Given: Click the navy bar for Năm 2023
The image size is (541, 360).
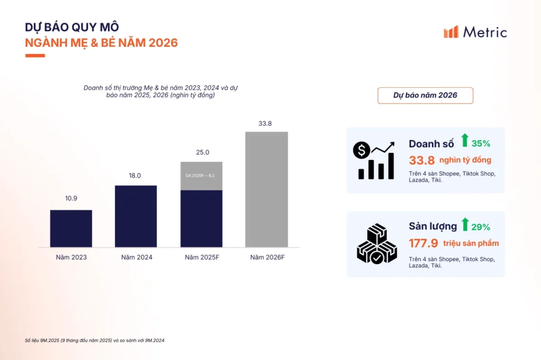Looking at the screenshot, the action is [x=71, y=228].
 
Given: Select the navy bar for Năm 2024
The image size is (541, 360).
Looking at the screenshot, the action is [x=136, y=216].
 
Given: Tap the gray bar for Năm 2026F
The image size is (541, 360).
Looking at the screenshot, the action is [x=266, y=189].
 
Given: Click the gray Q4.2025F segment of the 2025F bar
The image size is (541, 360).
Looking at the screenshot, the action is [x=202, y=176].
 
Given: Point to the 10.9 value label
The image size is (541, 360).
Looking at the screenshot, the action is [x=71, y=198].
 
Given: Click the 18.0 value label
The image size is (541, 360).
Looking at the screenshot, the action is [x=135, y=176].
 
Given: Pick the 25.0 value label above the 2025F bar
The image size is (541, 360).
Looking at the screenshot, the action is [x=202, y=152].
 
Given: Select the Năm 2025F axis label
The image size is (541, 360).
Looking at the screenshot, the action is [x=202, y=257].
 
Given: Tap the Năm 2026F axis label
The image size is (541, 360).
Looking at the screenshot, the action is [x=267, y=257].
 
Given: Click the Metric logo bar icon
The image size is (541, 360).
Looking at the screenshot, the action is [x=451, y=32].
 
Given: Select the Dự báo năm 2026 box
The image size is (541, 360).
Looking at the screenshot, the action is [x=425, y=96].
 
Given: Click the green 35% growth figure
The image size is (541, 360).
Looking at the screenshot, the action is [x=481, y=144].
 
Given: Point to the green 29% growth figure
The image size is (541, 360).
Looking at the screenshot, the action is [x=481, y=227].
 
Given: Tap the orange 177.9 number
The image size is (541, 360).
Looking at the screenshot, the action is [x=423, y=243].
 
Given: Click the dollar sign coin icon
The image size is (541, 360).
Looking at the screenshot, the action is [x=362, y=150].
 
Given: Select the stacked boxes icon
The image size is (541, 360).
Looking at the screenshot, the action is [x=377, y=244].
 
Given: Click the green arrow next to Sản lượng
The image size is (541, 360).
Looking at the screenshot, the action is [x=465, y=224].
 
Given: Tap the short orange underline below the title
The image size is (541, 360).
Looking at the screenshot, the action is [x=35, y=56].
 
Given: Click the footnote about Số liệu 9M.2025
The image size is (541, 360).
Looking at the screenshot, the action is [x=94, y=341].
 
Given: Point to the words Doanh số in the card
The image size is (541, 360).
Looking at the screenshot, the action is [x=431, y=144].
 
